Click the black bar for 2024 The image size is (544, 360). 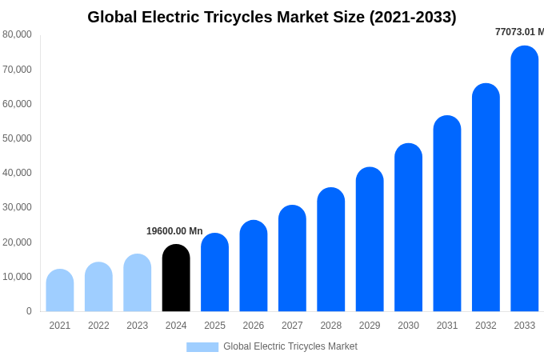click(x=176, y=278)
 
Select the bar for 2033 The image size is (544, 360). click(x=525, y=179)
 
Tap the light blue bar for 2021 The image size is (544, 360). click(x=60, y=290)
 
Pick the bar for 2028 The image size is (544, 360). click(x=331, y=250)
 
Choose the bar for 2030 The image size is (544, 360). click(x=408, y=228)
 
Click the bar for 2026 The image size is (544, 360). click(x=254, y=266)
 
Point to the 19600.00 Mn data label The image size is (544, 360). click(x=174, y=231)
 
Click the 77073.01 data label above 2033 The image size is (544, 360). click(x=519, y=32)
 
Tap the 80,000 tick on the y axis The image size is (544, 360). click(x=17, y=34)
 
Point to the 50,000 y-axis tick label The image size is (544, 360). click(x=17, y=138)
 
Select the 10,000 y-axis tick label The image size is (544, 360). click(x=17, y=277)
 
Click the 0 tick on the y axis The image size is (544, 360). click(x=29, y=311)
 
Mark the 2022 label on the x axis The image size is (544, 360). click(x=98, y=326)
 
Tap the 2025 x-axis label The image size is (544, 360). click(x=214, y=326)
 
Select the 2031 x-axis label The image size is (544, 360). click(x=447, y=326)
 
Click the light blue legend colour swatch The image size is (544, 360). click(x=202, y=346)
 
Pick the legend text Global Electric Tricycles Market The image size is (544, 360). click(x=290, y=346)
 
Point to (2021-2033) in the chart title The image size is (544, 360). click(x=413, y=17)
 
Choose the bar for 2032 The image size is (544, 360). click(x=486, y=198)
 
